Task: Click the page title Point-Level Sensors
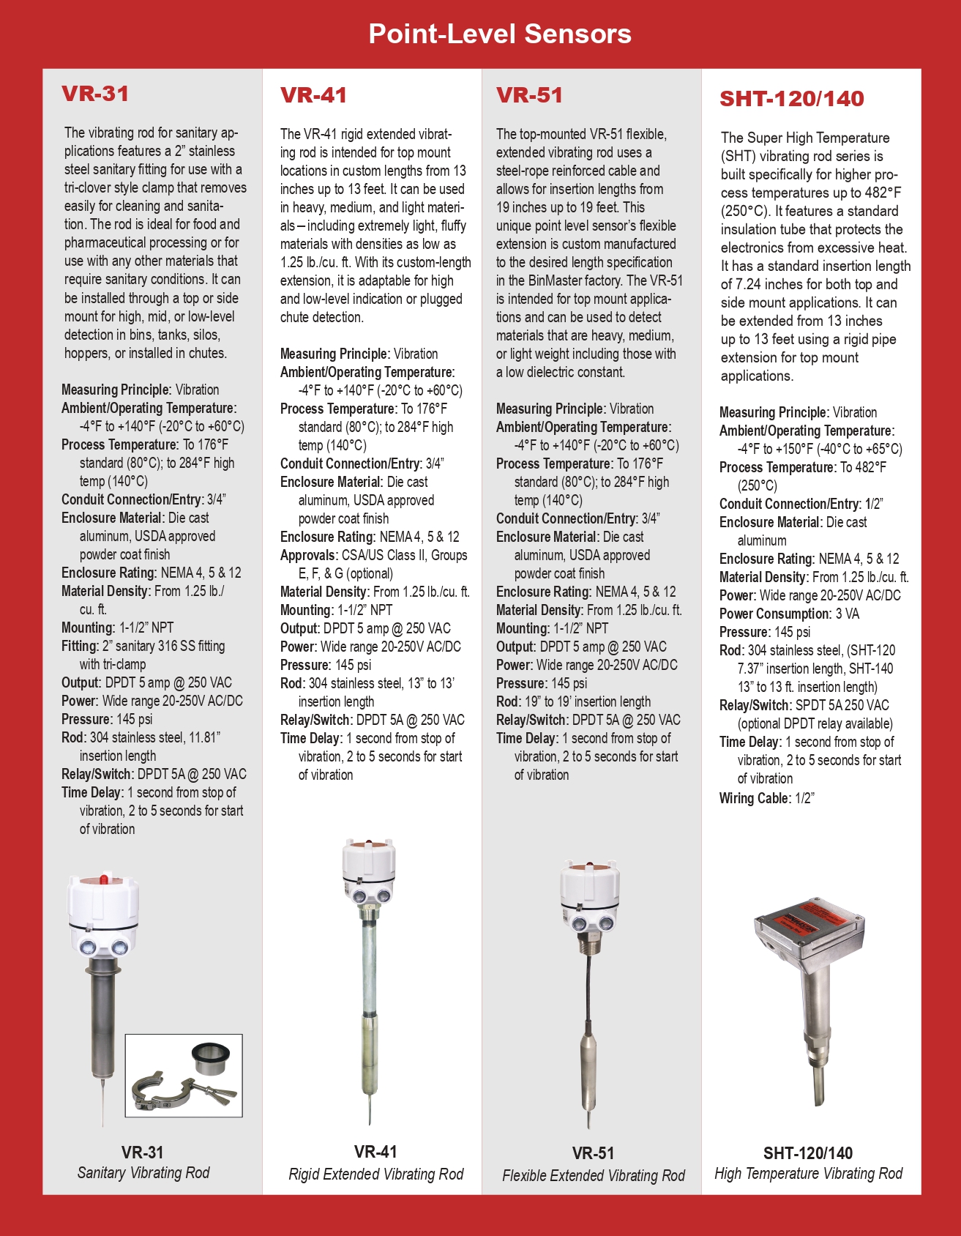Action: click(x=499, y=34)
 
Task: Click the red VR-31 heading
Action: click(x=95, y=94)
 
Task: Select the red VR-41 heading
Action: click(x=313, y=95)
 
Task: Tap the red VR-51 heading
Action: click(x=529, y=95)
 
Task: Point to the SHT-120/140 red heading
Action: click(x=792, y=99)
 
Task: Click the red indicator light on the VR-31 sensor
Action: click(x=104, y=878)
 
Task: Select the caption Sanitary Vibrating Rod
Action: click(x=143, y=1172)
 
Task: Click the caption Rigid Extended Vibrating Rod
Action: click(x=376, y=1174)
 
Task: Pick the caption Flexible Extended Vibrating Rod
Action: click(x=594, y=1175)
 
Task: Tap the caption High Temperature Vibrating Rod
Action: click(x=808, y=1173)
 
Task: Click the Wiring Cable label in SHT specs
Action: click(x=753, y=798)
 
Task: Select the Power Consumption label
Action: click(x=774, y=614)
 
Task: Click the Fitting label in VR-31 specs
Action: click(x=79, y=646)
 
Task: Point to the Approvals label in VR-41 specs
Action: click(x=308, y=555)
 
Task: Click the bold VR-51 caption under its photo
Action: click(x=593, y=1153)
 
